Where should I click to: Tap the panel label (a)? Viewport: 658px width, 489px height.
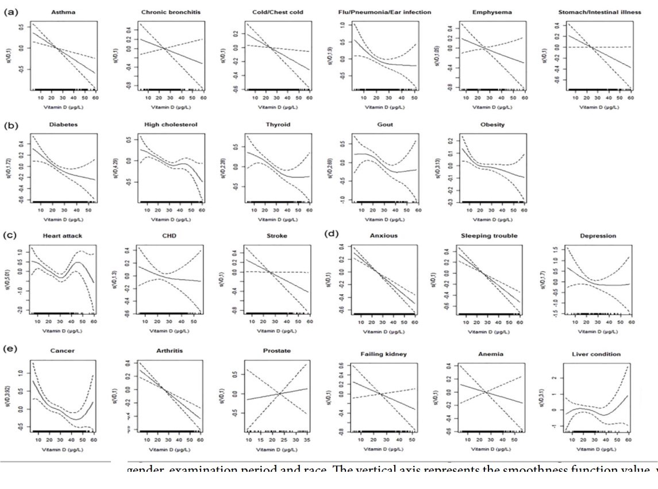pos(11,11)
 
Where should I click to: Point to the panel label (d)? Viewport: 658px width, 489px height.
pos(330,234)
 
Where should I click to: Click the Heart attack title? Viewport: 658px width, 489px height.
pos(60,236)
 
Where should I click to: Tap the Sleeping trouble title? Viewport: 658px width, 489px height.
pos(488,236)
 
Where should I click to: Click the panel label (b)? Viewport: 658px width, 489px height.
pos(11,122)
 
